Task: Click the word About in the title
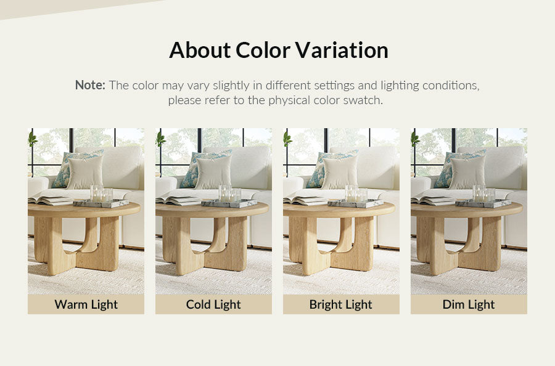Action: tap(200, 50)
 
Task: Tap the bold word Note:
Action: tap(90, 85)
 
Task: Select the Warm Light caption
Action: tap(86, 304)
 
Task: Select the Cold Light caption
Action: tap(213, 304)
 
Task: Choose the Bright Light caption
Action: tap(341, 304)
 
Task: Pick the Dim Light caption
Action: tap(469, 304)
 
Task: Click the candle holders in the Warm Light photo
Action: tap(101, 193)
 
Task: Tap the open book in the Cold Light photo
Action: tap(179, 200)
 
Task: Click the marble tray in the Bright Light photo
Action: tap(355, 203)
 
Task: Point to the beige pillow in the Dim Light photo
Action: tap(467, 172)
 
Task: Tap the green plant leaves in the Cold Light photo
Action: tap(160, 139)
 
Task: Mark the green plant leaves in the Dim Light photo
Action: tap(415, 139)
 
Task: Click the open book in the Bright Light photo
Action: tap(306, 200)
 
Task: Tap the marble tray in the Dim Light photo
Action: tap(483, 203)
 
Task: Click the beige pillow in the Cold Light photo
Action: tap(213, 172)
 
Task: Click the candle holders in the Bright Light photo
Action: tap(356, 193)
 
